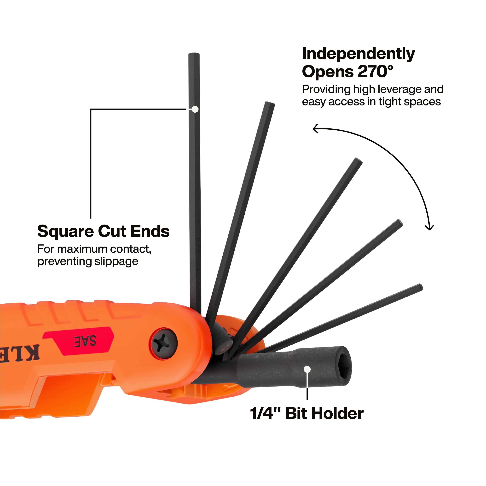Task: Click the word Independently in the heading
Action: [x=359, y=54]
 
